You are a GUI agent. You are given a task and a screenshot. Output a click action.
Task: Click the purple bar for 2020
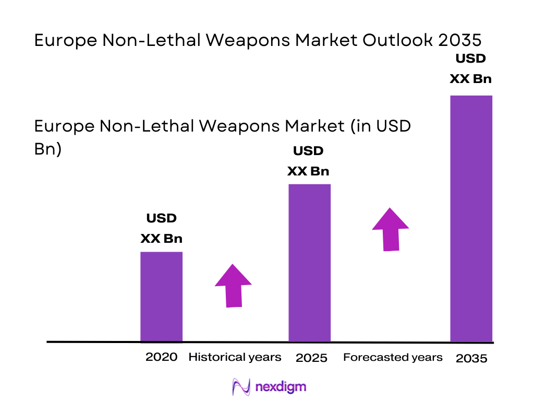[x=161, y=297]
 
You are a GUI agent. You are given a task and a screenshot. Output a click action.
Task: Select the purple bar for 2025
[x=309, y=263]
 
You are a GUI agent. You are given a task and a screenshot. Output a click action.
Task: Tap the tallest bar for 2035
[x=471, y=218]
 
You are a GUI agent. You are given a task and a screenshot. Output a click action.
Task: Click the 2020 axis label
[x=161, y=357]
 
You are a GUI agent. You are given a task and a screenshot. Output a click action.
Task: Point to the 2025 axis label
[x=311, y=358]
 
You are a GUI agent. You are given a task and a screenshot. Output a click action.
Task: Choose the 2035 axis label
[x=471, y=358]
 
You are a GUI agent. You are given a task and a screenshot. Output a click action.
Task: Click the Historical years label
[x=235, y=357]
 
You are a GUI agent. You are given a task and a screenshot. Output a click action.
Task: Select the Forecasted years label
[x=393, y=357]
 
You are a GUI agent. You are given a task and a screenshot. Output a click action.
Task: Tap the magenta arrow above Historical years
[x=233, y=286]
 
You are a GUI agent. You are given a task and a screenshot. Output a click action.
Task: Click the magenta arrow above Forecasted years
[x=390, y=229]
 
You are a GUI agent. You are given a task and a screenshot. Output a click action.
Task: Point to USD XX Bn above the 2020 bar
[x=161, y=228]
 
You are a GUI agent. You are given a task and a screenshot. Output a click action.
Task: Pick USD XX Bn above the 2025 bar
[x=308, y=161]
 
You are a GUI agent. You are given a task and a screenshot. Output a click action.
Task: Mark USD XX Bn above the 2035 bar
[x=471, y=68]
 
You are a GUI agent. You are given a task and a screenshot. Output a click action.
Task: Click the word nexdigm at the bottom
[x=281, y=387]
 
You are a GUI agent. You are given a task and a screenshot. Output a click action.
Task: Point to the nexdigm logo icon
[x=241, y=387]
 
